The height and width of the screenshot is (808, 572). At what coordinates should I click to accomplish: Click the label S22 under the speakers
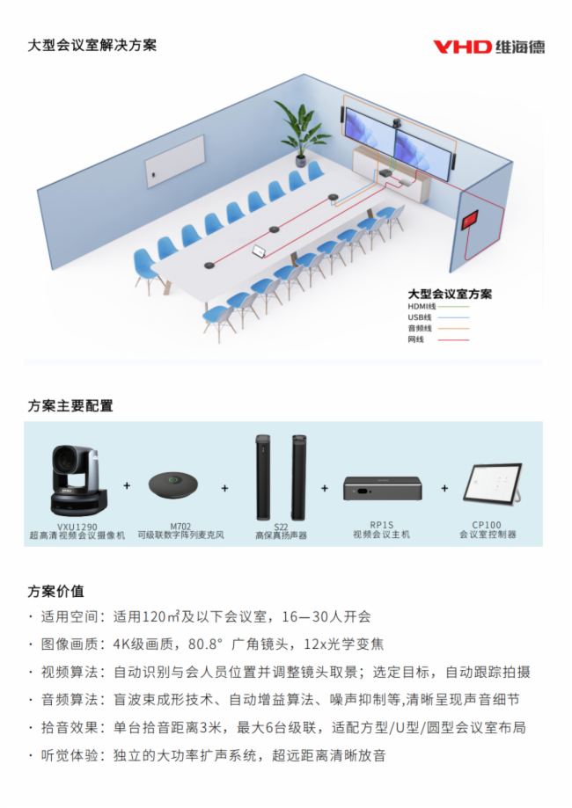pos(281,527)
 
